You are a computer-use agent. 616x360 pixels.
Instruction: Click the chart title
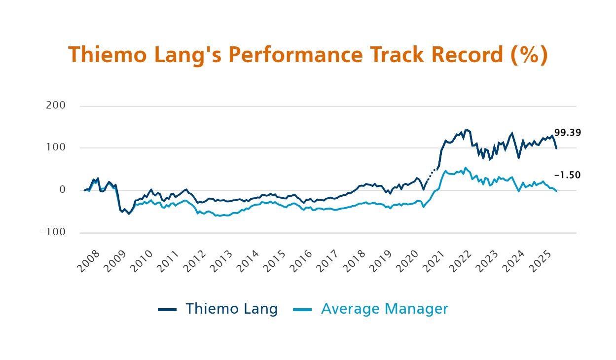click(x=308, y=55)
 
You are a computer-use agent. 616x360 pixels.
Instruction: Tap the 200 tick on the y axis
click(x=56, y=106)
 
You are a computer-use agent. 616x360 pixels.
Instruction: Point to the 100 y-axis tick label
click(x=56, y=147)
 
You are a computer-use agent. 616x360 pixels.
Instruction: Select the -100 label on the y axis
click(x=53, y=232)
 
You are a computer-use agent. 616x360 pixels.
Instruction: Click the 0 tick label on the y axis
click(x=63, y=190)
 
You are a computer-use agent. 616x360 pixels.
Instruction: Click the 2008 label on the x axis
click(x=88, y=261)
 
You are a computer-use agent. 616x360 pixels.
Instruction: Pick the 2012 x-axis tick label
click(x=195, y=261)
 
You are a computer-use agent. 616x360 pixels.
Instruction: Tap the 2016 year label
click(x=301, y=261)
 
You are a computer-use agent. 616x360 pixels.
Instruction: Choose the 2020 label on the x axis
click(x=407, y=261)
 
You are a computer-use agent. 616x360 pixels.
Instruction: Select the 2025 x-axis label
click(x=541, y=261)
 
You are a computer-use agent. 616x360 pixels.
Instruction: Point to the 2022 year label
click(x=461, y=261)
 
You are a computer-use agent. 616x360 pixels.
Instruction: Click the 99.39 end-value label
click(x=568, y=133)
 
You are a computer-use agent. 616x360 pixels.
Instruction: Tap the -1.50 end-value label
click(x=568, y=175)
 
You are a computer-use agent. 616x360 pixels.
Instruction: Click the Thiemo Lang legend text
click(x=231, y=309)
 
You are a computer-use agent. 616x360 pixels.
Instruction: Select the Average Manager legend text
click(x=385, y=309)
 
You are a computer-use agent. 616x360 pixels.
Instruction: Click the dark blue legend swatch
click(x=167, y=310)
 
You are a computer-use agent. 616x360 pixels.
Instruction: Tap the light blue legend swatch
click(x=302, y=310)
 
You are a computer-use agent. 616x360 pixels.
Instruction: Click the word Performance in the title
click(x=295, y=55)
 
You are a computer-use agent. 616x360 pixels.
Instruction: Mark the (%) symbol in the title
click(x=529, y=55)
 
